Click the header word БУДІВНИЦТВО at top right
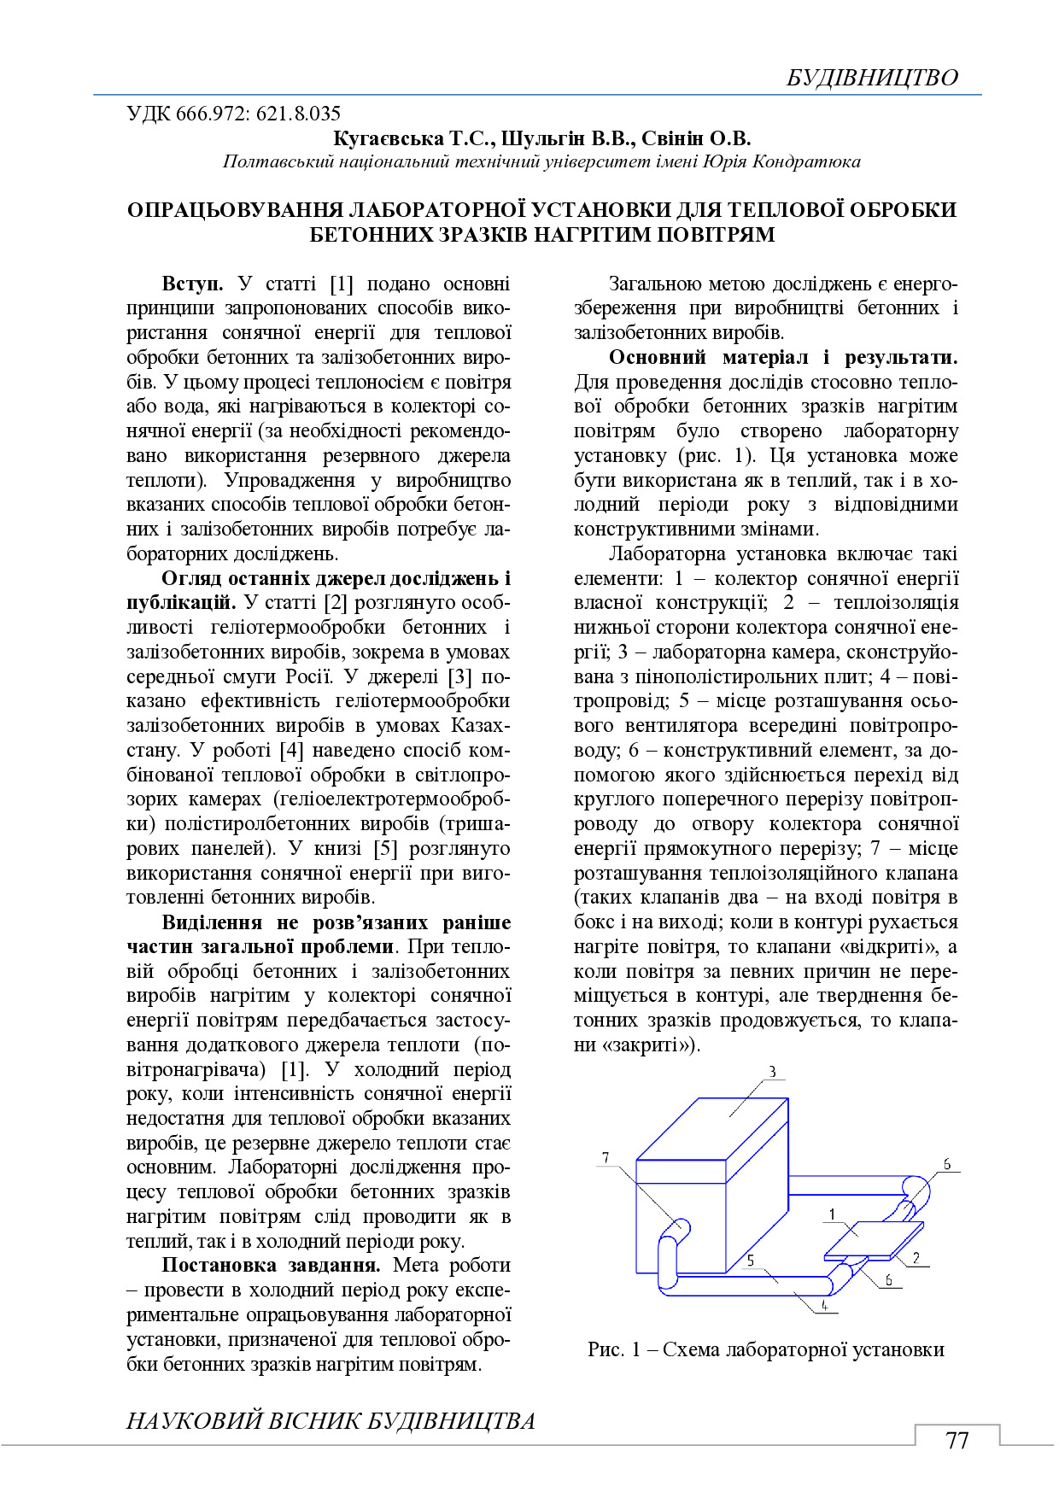871,78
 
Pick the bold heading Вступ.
192,284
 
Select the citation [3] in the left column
459,676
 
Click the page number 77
957,1441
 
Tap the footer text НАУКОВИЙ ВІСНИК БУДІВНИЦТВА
331,1421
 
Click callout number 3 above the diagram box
772,1073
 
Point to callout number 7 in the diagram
606,1158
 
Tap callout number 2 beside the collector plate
916,1257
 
